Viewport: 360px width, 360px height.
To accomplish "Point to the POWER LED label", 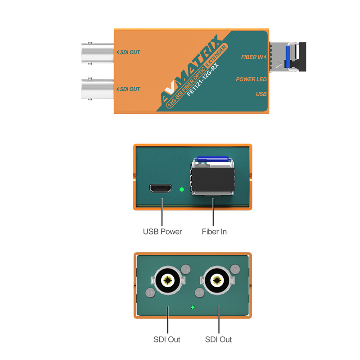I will (251, 79).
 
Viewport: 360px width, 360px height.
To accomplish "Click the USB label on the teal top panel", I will (261, 94).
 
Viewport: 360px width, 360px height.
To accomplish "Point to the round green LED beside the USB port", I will (182, 189).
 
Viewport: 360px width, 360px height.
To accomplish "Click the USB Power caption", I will (162, 232).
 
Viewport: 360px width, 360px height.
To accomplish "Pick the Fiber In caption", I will (214, 232).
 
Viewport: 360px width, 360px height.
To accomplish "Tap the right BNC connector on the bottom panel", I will (218, 281).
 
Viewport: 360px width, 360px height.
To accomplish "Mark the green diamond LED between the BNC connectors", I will (193, 307).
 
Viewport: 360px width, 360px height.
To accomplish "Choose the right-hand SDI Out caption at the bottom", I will (218, 339).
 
